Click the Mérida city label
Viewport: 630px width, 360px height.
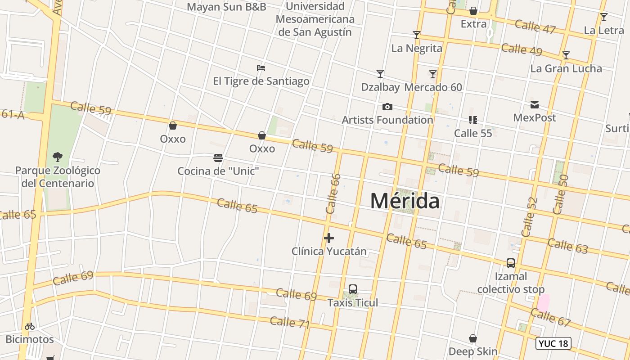pos(405,201)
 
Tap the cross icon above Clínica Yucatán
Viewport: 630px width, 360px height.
pos(329,238)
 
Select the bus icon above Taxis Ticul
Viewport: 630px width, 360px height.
pos(353,289)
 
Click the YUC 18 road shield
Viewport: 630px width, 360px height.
pos(553,344)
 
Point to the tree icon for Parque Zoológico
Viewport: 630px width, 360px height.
pos(57,157)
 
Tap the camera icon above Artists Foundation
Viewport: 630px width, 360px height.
pos(387,107)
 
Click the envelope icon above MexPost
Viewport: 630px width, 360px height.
pos(535,105)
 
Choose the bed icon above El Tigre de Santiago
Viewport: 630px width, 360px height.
pos(261,68)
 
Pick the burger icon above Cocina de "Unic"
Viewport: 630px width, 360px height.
pos(218,158)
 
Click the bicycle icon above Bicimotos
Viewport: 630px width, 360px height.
pos(30,326)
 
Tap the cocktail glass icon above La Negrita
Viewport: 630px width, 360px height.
pos(417,35)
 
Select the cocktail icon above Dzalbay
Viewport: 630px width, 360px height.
pos(380,74)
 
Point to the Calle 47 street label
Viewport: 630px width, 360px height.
pos(535,27)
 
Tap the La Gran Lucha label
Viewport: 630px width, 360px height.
pos(566,68)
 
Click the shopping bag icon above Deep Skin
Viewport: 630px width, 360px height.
pos(473,338)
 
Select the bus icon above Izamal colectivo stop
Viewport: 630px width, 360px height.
pos(511,263)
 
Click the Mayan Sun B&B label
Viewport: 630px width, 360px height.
pos(226,7)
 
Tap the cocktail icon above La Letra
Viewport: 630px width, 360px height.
pos(604,18)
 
